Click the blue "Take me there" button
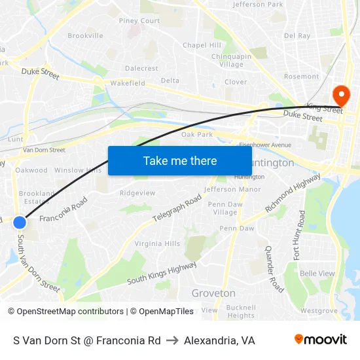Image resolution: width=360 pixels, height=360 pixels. (x=180, y=160)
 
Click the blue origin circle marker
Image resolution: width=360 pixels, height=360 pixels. (x=20, y=223)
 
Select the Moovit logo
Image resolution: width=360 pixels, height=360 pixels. (x=320, y=340)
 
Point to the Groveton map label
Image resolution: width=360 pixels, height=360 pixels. (x=213, y=293)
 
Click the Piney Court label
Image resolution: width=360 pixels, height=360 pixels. (x=139, y=21)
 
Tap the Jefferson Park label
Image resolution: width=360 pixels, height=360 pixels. (x=258, y=5)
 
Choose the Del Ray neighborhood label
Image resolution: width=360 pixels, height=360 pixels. (x=297, y=36)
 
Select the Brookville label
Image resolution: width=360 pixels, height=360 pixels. (x=85, y=35)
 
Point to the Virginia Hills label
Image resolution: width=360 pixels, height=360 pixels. (x=157, y=243)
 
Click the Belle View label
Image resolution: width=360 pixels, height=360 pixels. (x=317, y=274)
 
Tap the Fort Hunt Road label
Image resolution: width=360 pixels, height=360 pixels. (x=298, y=234)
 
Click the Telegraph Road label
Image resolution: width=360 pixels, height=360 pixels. (x=177, y=208)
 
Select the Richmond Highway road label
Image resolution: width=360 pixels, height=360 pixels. (x=293, y=192)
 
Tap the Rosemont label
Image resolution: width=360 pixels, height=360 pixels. (x=301, y=77)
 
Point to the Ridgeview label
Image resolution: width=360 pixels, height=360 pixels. (x=137, y=193)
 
